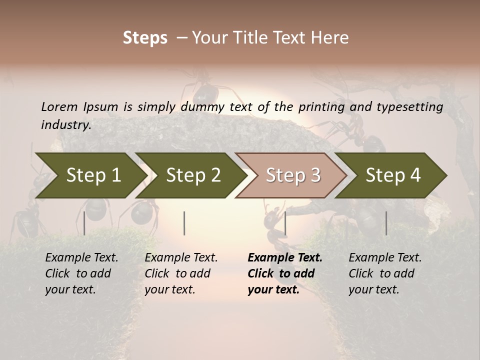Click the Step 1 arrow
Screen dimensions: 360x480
click(x=90, y=175)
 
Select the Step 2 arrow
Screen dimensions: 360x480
click(x=192, y=175)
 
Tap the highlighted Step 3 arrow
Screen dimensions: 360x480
click(x=292, y=175)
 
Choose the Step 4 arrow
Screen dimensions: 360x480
click(x=392, y=175)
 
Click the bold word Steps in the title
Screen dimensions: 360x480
click(x=145, y=37)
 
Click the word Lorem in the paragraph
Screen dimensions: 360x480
click(x=59, y=106)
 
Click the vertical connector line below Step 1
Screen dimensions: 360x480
click(x=84, y=223)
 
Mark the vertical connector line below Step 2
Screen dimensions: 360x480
click(x=184, y=223)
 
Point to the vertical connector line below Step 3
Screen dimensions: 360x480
click(x=285, y=223)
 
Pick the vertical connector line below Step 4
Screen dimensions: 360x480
click(x=386, y=223)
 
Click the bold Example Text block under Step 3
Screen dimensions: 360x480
click(x=284, y=273)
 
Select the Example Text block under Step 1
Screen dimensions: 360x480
click(x=81, y=273)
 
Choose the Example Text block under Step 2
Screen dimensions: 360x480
click(x=181, y=273)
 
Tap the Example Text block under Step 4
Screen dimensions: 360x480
click(x=385, y=273)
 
